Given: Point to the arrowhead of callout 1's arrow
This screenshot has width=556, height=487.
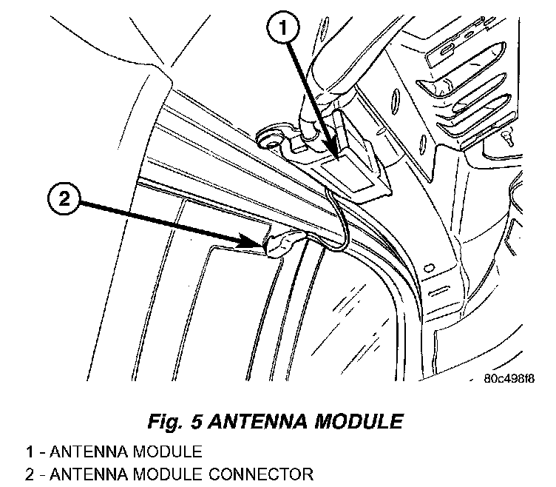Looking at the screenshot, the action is (x=339, y=156).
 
